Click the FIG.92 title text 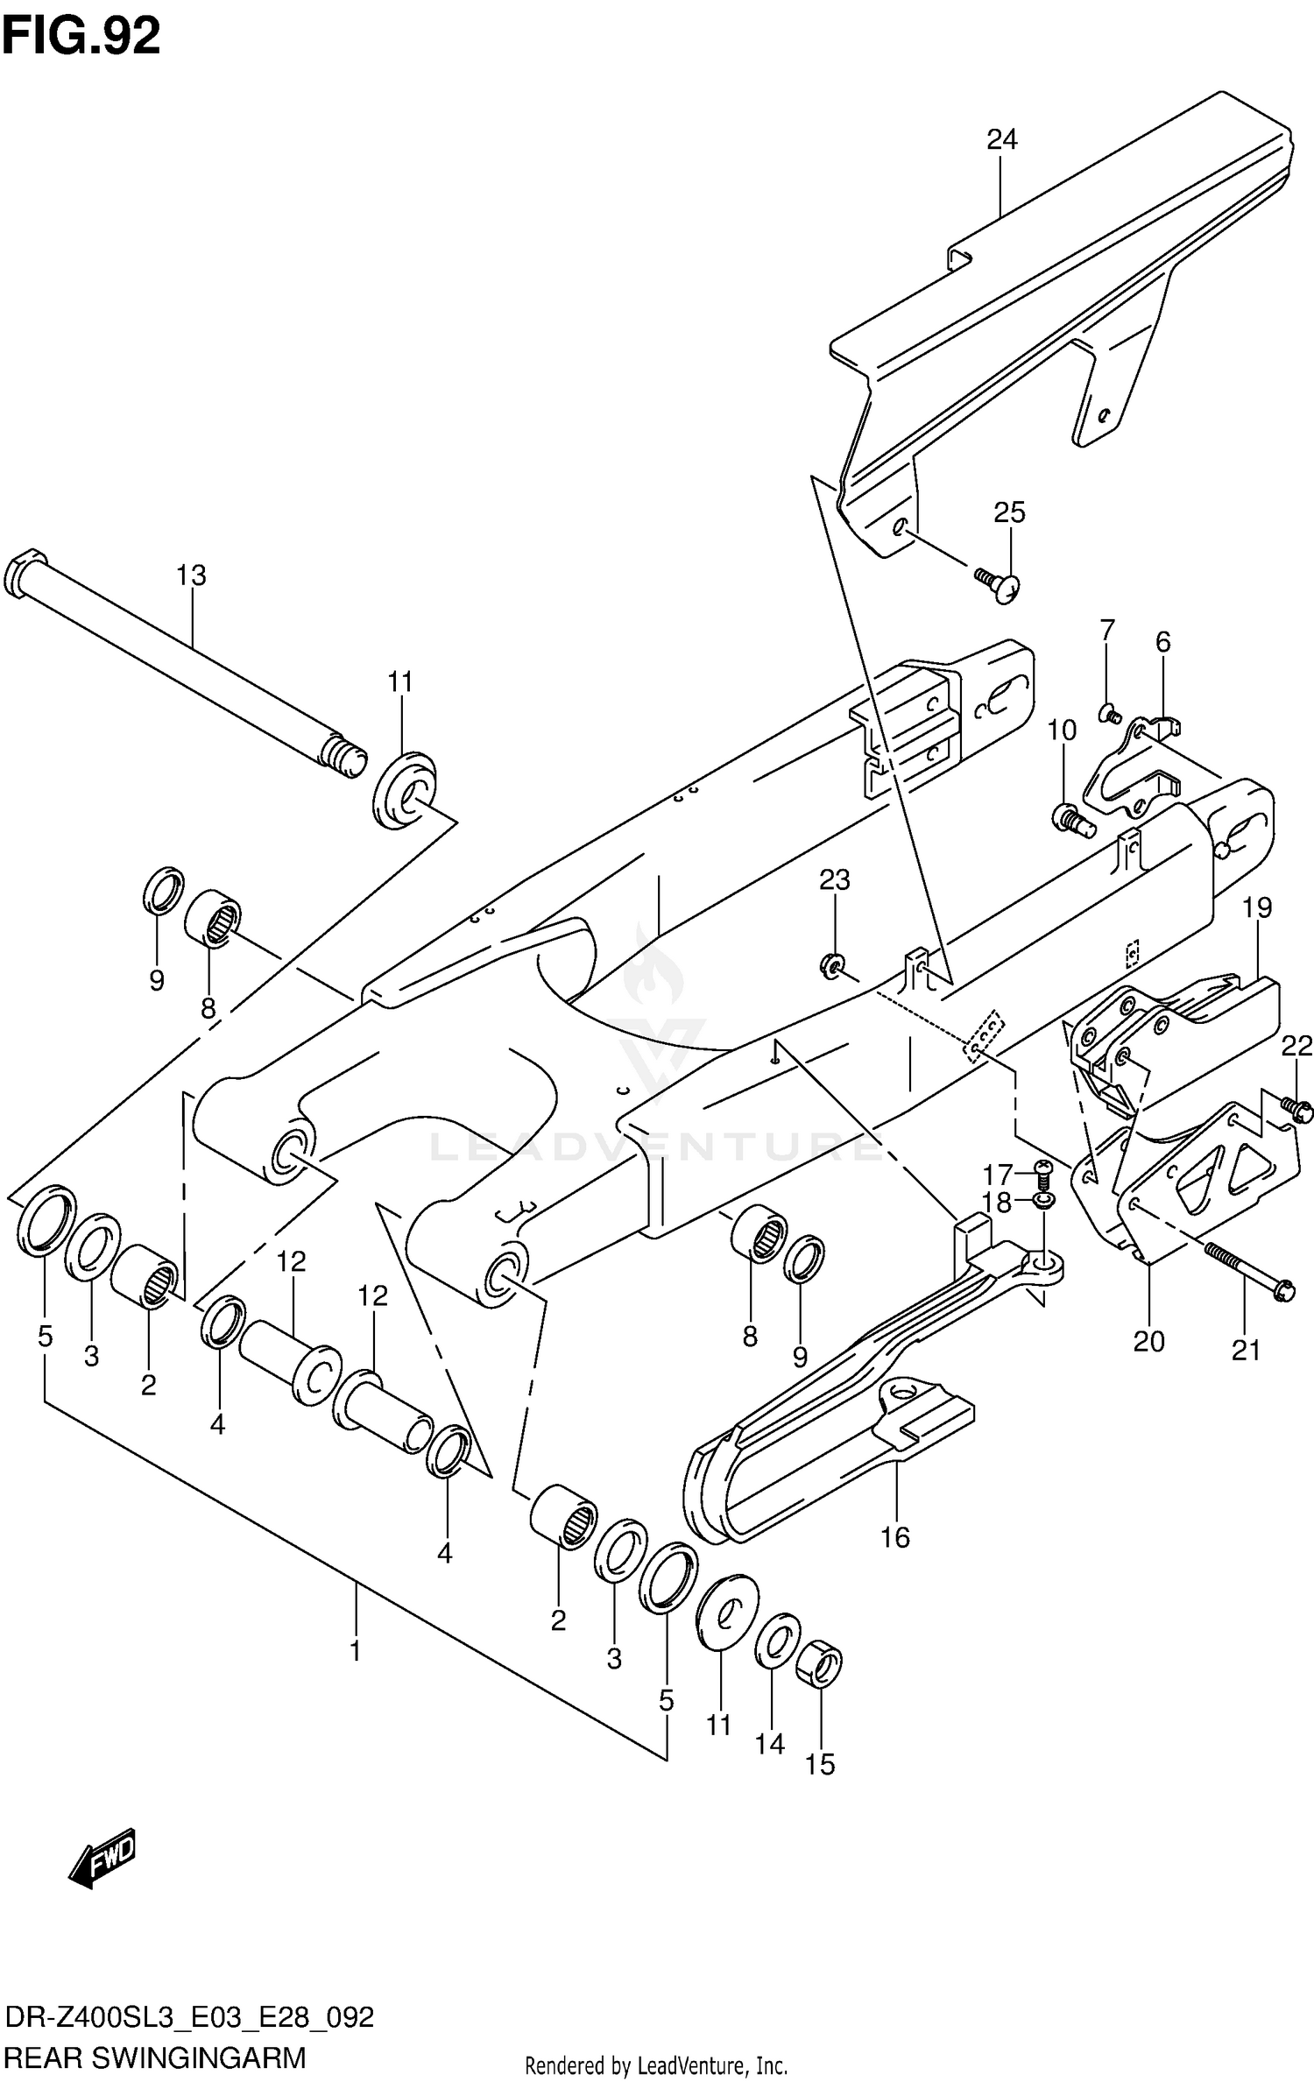[81, 37]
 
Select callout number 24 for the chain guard [1001, 139]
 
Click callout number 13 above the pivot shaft [190, 575]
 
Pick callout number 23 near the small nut [834, 879]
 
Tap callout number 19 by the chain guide [1257, 907]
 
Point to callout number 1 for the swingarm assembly [355, 1651]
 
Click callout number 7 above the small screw [1106, 630]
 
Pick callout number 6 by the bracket [1162, 642]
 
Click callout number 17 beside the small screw [997, 1173]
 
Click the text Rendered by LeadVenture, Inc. [655, 2058]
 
